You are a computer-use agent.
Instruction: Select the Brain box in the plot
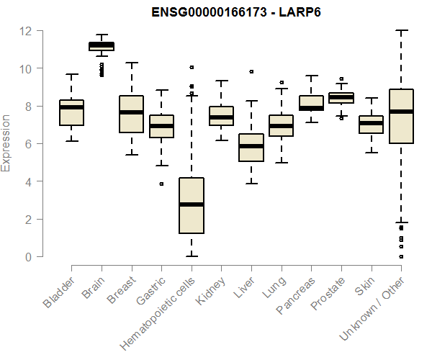point(102,46)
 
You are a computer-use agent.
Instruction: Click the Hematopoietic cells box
point(192,205)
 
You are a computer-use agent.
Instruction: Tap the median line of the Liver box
point(251,146)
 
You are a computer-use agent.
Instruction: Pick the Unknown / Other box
point(400,116)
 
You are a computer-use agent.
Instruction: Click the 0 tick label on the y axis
point(27,257)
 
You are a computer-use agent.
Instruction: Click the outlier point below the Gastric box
point(161,184)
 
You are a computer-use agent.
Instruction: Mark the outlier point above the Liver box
point(251,71)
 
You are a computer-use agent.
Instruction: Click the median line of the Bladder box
point(72,107)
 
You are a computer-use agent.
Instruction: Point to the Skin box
point(371,124)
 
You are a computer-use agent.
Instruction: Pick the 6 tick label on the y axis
point(27,144)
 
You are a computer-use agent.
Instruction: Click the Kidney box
point(221,116)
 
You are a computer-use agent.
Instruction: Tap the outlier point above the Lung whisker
point(281,82)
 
